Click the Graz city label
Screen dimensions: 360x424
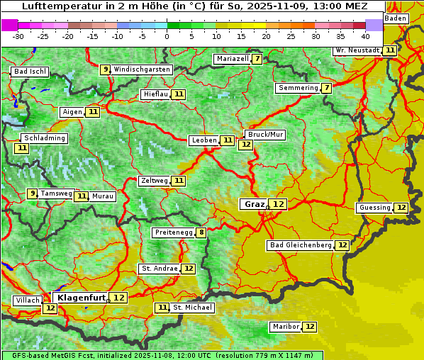coord(254,204)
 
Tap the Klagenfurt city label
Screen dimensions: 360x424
coord(81,298)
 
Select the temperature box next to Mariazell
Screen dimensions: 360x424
coord(256,59)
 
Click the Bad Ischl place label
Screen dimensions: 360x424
coord(30,72)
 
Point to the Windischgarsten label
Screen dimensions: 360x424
coord(142,69)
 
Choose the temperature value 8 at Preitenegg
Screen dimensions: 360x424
coord(201,232)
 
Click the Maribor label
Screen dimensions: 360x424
coord(284,327)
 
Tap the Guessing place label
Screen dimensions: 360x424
coord(374,208)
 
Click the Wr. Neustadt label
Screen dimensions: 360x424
coord(357,50)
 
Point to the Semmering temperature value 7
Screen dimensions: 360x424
coord(326,88)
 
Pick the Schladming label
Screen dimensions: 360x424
coord(44,138)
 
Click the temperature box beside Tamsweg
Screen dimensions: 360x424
coord(32,193)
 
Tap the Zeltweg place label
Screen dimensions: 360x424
coord(155,181)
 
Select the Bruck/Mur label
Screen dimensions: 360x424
coord(265,134)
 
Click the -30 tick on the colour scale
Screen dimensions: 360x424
coord(18,36)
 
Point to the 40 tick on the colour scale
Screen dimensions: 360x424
coord(365,36)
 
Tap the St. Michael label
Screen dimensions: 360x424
coord(193,308)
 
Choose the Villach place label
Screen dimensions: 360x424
coord(28,300)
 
